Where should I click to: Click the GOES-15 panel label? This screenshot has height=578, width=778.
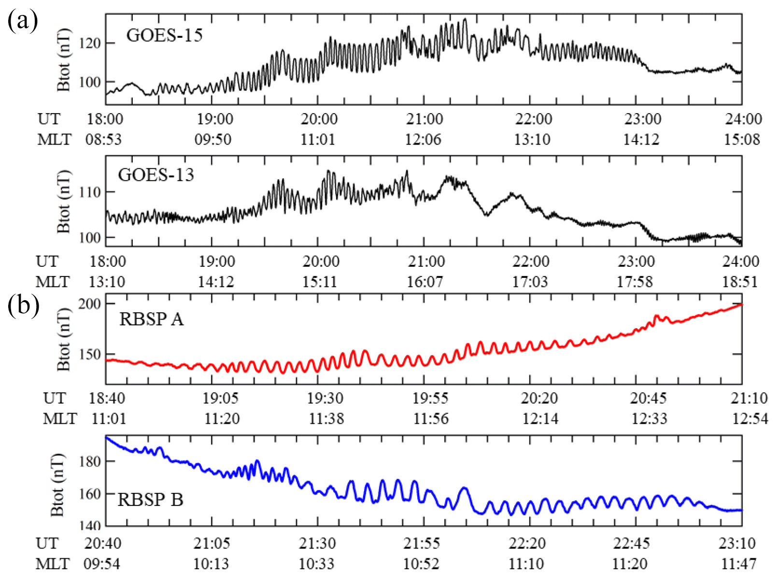(164, 35)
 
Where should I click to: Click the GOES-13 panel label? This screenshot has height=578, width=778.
(156, 175)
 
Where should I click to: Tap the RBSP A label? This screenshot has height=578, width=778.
(151, 319)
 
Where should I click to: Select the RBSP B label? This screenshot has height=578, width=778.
(150, 500)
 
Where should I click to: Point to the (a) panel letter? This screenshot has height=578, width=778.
(22, 21)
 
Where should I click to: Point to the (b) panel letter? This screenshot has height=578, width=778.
(23, 305)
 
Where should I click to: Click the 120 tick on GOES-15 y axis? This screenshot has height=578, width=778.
(89, 43)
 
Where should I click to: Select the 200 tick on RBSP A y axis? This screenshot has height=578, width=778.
(89, 304)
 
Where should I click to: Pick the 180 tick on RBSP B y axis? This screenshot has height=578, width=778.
(89, 462)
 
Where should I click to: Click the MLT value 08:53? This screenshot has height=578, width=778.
(104, 140)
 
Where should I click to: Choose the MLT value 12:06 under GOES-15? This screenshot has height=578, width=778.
(423, 140)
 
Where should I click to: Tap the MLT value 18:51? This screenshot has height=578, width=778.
(740, 282)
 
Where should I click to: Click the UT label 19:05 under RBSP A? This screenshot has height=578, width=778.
(220, 399)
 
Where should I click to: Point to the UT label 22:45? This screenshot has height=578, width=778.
(631, 544)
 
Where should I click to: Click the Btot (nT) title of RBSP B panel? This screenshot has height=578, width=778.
(57, 485)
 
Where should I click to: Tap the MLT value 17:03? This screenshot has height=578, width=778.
(530, 282)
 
